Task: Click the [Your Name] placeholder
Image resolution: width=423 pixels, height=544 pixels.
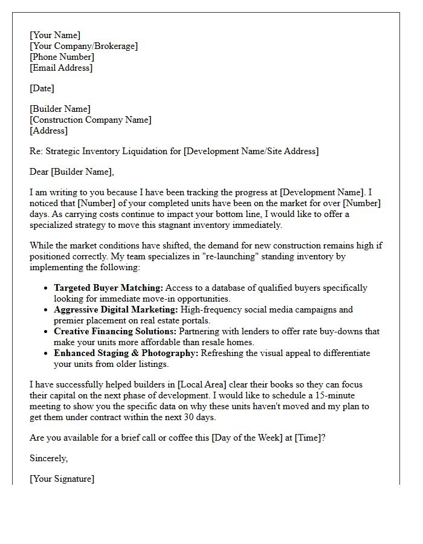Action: tap(55, 35)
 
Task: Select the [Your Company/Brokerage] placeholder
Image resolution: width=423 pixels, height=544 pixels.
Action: tap(83, 46)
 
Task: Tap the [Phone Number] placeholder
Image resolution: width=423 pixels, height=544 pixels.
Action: tap(62, 57)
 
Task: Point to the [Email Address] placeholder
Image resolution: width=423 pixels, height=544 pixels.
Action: tap(61, 68)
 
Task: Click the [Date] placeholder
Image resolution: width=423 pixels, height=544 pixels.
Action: tap(42, 88)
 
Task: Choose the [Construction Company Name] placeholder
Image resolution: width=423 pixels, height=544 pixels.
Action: tap(91, 120)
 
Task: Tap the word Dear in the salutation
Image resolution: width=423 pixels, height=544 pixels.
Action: tap(39, 172)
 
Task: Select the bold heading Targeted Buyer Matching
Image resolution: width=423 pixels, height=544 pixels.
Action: tap(108, 288)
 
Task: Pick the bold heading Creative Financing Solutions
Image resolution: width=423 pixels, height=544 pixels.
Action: tap(115, 331)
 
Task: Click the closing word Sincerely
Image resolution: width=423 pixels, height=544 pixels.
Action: tap(48, 458)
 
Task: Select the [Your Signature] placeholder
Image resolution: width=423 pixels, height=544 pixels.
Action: tap(62, 479)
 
